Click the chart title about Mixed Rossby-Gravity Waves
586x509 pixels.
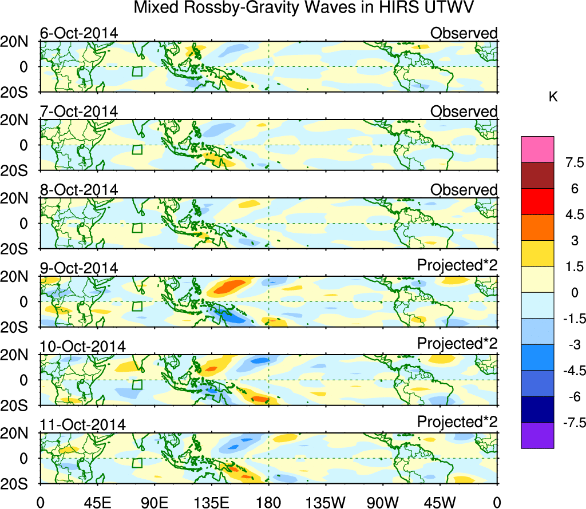304,9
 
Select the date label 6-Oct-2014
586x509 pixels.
78,33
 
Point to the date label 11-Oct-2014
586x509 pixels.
82,425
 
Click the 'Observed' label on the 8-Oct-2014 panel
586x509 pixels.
464,190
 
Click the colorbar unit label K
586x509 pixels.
553,97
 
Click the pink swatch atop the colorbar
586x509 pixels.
537,149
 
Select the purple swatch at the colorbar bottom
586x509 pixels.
537,435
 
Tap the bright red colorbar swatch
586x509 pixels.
537,201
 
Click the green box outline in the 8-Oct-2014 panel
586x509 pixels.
137,228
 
